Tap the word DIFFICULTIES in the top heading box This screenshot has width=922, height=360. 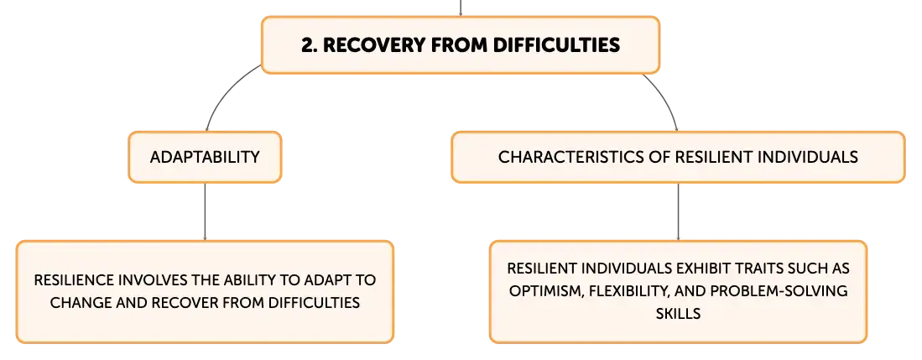pos(557,44)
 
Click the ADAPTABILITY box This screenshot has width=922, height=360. pos(204,157)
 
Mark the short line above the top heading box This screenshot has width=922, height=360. pos(458,7)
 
